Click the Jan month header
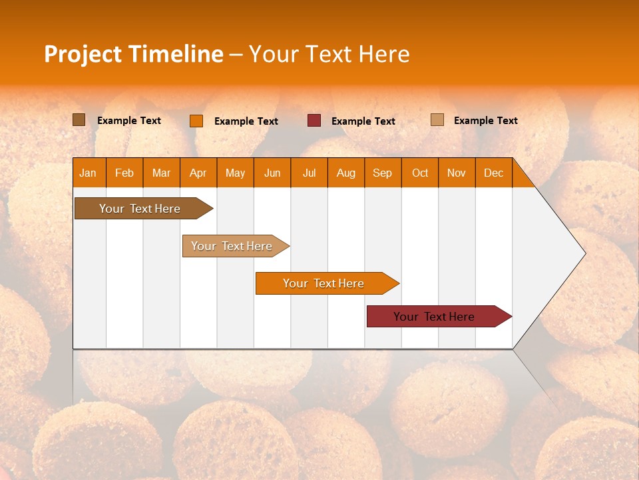tap(89, 173)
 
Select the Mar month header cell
tap(161, 173)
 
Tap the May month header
tap(235, 173)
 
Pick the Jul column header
tap(309, 173)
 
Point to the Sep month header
tap(382, 173)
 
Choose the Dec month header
tap(493, 173)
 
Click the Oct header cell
tap(419, 173)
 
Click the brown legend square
tap(79, 120)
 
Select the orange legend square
tap(196, 121)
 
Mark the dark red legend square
tap(314, 121)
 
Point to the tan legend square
tap(437, 120)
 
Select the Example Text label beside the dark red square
tap(363, 121)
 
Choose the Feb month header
tap(124, 173)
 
